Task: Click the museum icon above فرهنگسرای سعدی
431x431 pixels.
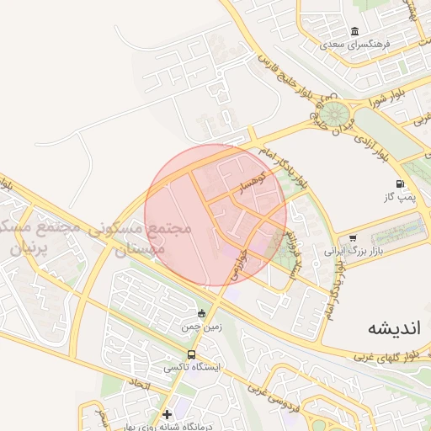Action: click(x=355, y=29)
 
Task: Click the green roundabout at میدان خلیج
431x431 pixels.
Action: click(x=335, y=112)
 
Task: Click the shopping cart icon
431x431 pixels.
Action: click(x=351, y=238)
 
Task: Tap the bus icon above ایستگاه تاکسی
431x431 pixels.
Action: click(x=192, y=355)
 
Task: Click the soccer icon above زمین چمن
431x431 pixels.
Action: click(x=200, y=312)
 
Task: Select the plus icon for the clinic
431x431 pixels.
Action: click(x=168, y=413)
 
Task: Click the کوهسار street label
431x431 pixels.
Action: click(x=253, y=184)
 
